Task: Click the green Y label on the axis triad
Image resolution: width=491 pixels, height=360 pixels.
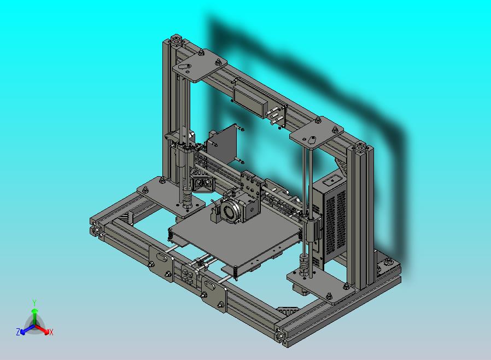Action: [34, 303]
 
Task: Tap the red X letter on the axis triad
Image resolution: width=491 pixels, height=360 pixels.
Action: [51, 332]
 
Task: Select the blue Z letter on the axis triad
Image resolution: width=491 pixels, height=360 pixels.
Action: [18, 332]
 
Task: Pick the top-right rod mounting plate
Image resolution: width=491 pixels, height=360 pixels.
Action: [317, 133]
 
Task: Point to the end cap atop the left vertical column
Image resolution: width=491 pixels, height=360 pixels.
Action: [176, 42]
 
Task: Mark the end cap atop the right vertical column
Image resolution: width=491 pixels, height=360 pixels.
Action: [361, 148]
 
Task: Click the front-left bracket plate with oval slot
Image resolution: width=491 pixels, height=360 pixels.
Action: [162, 261]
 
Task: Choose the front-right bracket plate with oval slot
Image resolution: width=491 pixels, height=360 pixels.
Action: [213, 292]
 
